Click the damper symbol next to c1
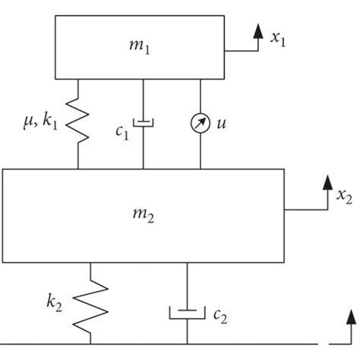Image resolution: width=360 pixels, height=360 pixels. pyautogui.click(x=144, y=122)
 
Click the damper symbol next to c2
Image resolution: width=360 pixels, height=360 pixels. pyautogui.click(x=187, y=311)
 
